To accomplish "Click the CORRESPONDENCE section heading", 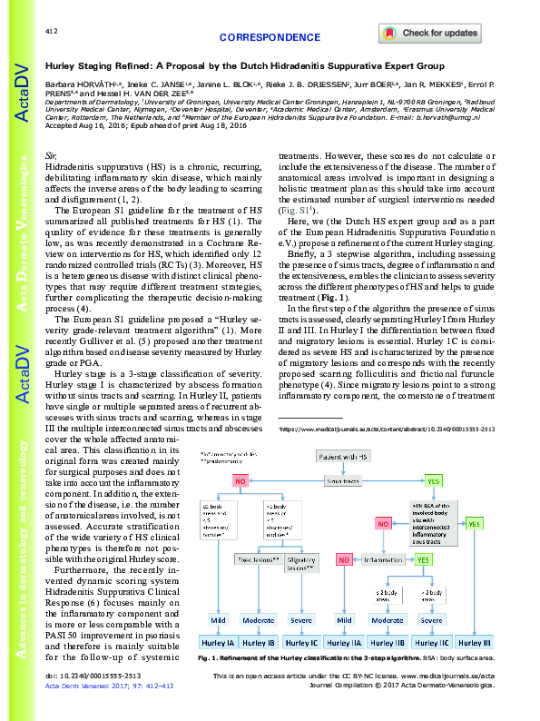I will (270, 38).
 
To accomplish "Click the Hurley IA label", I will (218, 640).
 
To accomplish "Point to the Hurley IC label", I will (300, 640).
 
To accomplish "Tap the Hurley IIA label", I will (345, 640).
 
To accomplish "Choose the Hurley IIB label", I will (388, 640).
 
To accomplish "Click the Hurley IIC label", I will (430, 640).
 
